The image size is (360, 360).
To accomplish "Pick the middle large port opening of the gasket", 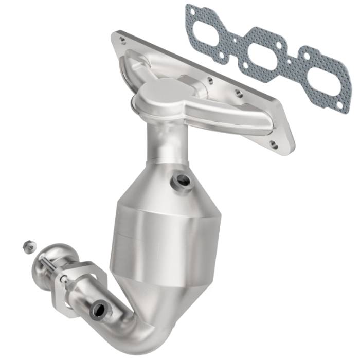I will click(x=262, y=50).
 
